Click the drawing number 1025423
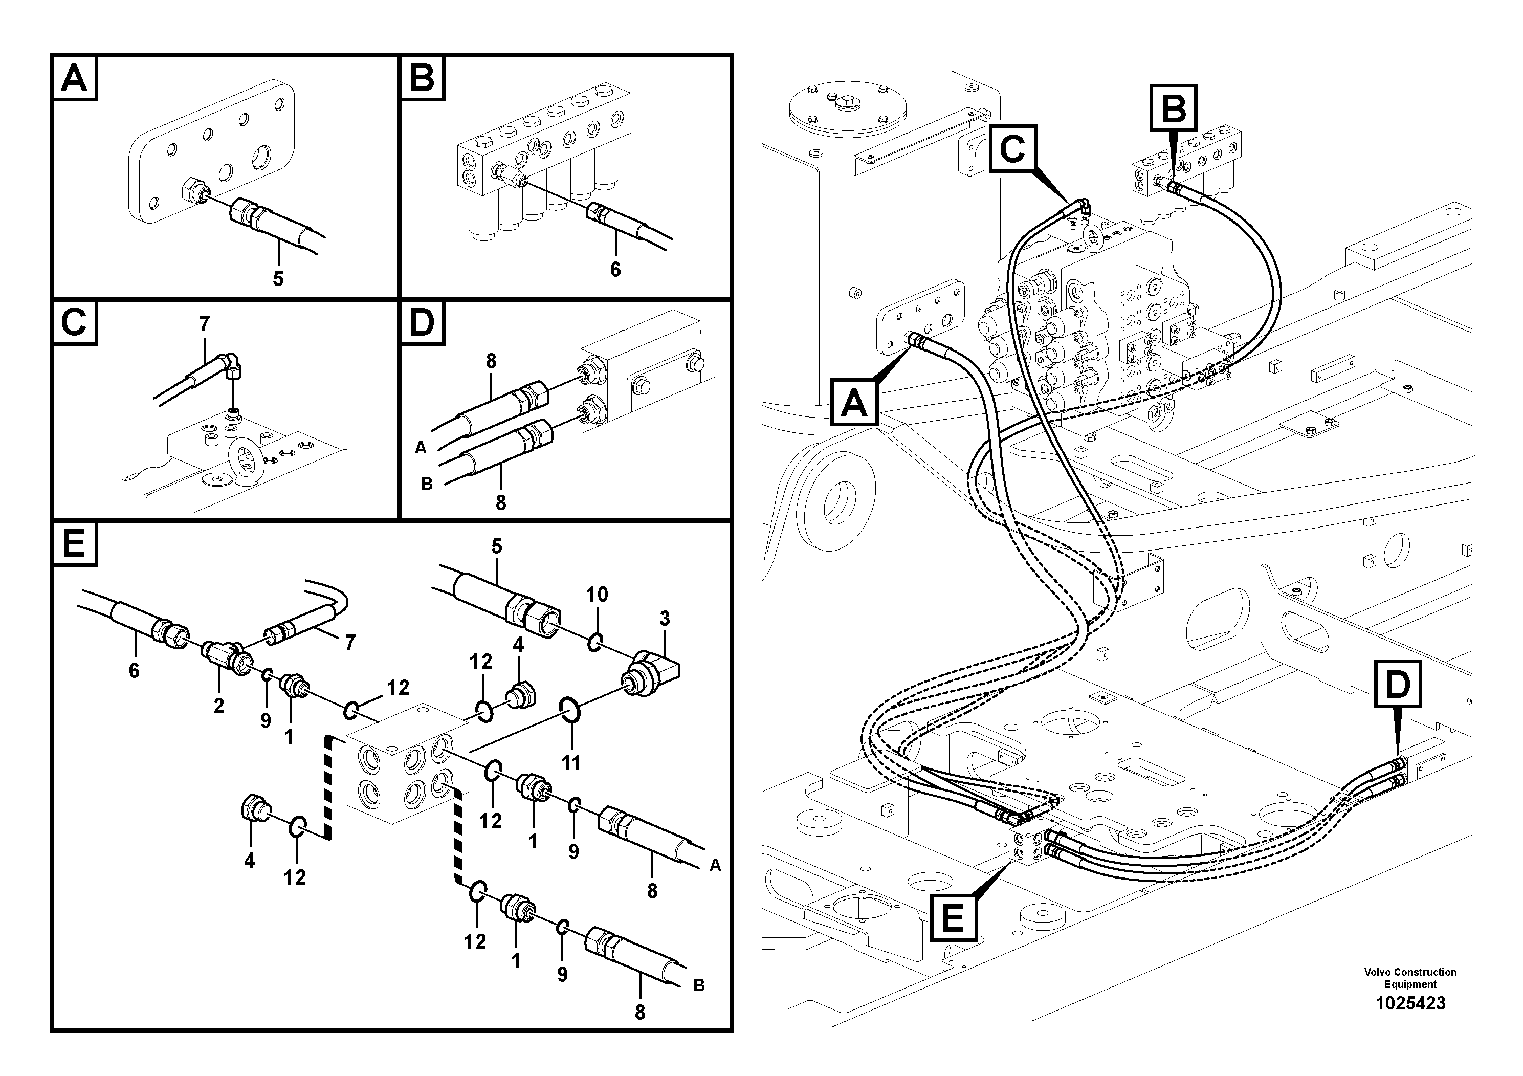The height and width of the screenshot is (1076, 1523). [1410, 1003]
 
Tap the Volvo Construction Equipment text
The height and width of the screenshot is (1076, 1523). [1410, 978]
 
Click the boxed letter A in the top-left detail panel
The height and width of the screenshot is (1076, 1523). [74, 79]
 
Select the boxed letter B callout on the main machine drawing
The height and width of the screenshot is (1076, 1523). [1174, 108]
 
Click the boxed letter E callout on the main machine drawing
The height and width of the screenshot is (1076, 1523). [953, 919]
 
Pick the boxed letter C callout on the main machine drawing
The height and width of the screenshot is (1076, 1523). [1012, 148]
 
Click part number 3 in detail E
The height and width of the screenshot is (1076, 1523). [665, 619]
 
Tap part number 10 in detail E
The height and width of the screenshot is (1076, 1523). [597, 595]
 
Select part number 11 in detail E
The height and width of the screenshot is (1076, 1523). [571, 763]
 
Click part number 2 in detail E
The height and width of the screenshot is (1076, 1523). [219, 706]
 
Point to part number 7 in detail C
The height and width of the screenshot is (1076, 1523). [204, 324]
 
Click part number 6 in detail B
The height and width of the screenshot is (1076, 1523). [615, 269]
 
